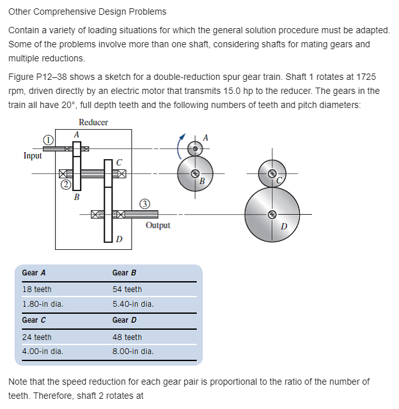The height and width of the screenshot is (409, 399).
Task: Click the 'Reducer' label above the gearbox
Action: [x=93, y=122]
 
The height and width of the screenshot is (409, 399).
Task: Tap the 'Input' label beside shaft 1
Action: [x=33, y=155]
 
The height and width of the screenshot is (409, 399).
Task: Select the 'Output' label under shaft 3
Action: [x=158, y=225]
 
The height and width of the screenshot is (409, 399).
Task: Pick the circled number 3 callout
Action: [x=145, y=204]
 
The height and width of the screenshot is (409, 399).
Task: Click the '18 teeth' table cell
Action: [x=37, y=289]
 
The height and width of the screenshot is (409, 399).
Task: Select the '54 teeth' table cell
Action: [x=127, y=289]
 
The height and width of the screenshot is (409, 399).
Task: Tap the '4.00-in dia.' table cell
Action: [x=43, y=351]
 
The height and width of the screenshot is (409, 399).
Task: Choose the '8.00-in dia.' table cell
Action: [x=133, y=351]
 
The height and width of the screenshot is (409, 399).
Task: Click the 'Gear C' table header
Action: [x=34, y=320]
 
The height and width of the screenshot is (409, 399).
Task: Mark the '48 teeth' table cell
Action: [x=127, y=337]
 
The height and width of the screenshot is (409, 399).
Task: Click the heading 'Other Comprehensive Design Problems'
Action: [x=88, y=12]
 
